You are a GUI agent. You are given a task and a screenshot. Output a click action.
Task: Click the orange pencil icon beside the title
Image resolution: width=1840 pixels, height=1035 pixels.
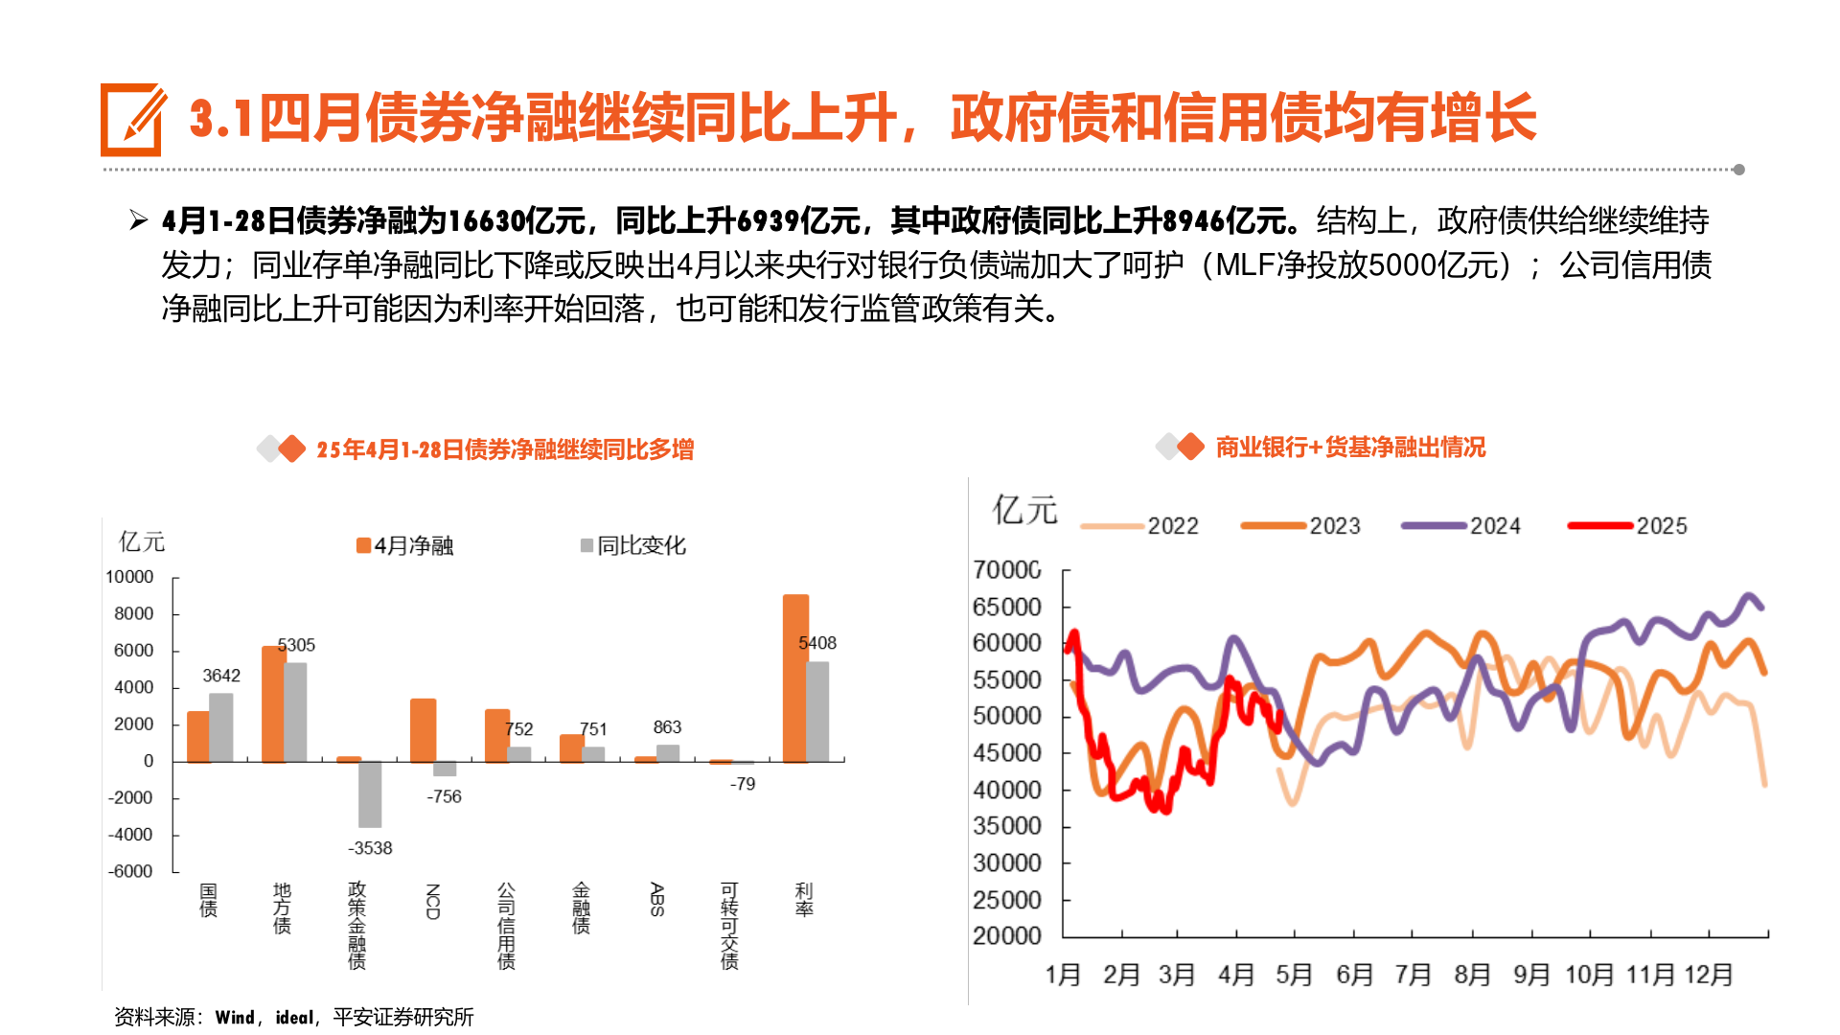point(132,120)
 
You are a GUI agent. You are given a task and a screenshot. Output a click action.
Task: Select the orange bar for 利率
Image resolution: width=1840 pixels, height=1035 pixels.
point(795,678)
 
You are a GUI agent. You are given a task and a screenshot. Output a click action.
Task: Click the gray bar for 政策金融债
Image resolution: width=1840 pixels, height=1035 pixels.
point(370,793)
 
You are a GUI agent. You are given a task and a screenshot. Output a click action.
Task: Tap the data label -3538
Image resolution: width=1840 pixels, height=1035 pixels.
point(370,848)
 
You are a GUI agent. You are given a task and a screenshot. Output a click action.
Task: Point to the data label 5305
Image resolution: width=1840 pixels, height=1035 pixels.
point(296,645)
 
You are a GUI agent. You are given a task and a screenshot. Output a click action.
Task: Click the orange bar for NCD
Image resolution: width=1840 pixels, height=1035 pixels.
point(423,730)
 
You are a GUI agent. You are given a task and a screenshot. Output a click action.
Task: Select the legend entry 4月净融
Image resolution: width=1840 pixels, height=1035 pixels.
point(404,545)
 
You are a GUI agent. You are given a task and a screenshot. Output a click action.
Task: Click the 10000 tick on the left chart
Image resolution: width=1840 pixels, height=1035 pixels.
point(129,577)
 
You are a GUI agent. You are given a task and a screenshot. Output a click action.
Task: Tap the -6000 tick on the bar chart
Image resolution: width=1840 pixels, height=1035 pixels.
point(130,871)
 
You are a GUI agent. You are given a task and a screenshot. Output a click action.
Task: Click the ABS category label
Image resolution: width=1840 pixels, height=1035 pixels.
point(656,899)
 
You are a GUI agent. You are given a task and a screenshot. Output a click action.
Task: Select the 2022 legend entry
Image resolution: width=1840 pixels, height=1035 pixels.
point(1139,525)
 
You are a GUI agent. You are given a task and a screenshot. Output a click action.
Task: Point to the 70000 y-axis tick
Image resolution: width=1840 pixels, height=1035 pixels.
point(1006,570)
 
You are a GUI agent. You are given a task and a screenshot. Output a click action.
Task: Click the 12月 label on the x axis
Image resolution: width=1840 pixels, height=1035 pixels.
point(1709,975)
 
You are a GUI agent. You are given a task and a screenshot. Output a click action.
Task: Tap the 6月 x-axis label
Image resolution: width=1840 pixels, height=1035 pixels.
point(1354,975)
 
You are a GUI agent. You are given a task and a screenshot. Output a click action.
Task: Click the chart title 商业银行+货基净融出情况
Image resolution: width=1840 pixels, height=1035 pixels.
point(1350,448)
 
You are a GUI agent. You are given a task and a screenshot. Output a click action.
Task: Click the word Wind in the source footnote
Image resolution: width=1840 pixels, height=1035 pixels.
point(235,1017)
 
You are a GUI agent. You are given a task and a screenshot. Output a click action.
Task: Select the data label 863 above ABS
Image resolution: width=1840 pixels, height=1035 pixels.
point(667,727)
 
